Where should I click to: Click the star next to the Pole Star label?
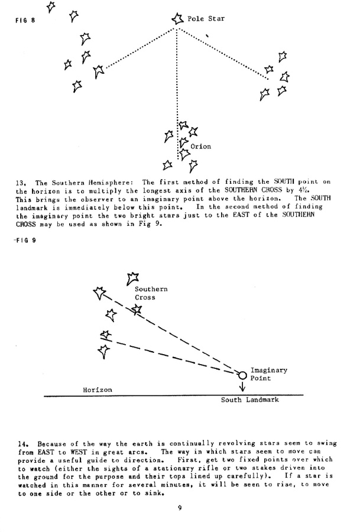coord(177,20)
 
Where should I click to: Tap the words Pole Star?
coord(206,19)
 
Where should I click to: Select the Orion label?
coord(200,146)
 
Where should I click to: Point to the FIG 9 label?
coord(24,240)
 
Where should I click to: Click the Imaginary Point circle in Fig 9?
coord(242,374)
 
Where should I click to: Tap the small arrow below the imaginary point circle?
coord(242,387)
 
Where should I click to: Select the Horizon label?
coord(97,390)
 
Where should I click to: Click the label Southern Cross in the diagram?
coord(151,293)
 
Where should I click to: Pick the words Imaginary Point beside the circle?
coord(269,374)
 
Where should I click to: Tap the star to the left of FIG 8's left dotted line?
coord(99,70)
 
